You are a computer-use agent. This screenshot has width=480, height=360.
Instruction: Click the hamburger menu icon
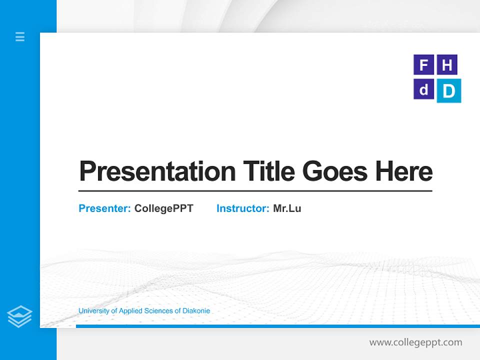pos(20,36)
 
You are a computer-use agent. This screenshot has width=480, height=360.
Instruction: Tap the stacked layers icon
pos(19,316)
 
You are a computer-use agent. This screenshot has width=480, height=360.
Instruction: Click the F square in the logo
pos(423,65)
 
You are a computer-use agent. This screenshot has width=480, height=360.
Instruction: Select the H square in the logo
pos(447,65)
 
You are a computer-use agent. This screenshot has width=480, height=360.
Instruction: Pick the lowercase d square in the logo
pos(423,89)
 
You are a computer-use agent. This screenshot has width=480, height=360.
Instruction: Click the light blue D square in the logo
pos(449,91)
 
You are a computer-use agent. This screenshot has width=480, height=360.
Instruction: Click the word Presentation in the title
pos(157,171)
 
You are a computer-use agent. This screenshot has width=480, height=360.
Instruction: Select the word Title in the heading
pos(268,171)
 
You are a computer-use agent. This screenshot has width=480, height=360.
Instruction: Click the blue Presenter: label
pos(104,208)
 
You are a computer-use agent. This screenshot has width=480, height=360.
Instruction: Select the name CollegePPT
pos(163,208)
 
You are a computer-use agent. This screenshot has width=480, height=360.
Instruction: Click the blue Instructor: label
pos(242,208)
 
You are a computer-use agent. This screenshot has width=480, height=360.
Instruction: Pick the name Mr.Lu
pos(287,208)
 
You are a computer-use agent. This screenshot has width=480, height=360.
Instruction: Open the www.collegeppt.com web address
pos(415,342)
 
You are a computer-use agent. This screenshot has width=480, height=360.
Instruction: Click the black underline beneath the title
pos(255,191)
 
